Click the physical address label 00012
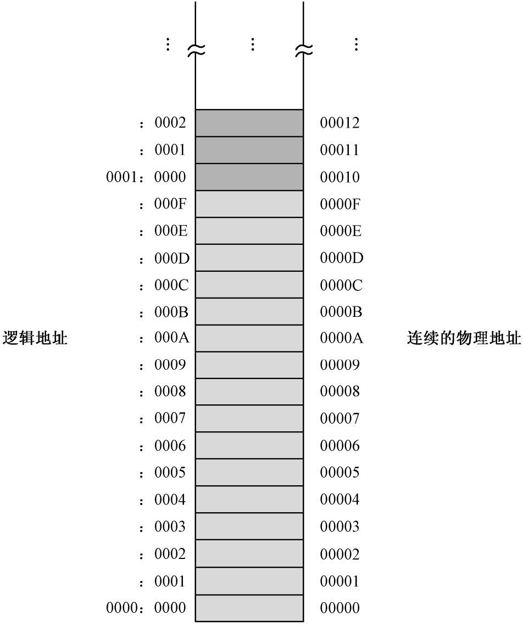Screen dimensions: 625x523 [x=340, y=123]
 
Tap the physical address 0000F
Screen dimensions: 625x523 [x=340, y=204]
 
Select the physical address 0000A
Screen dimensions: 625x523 [x=341, y=338]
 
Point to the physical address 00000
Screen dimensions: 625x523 [x=340, y=608]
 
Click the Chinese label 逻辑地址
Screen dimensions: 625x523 [x=35, y=338]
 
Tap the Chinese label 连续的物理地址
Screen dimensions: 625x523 [x=464, y=338]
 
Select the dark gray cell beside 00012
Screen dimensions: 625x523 [x=249, y=123]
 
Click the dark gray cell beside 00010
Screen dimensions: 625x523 [x=249, y=177]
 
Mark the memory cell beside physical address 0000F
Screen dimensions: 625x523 [x=249, y=204]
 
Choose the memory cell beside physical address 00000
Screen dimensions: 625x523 [x=249, y=608]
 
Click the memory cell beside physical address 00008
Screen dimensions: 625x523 [x=249, y=392]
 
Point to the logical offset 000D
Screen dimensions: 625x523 [x=171, y=258]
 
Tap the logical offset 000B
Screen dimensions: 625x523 [x=171, y=312]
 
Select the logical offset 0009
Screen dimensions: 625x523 [x=170, y=365]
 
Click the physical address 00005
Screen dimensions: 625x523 [x=340, y=473]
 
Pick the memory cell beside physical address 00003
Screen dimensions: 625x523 [x=249, y=527]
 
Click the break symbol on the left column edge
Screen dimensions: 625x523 [x=196, y=51]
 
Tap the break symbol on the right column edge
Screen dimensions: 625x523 [x=303, y=51]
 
